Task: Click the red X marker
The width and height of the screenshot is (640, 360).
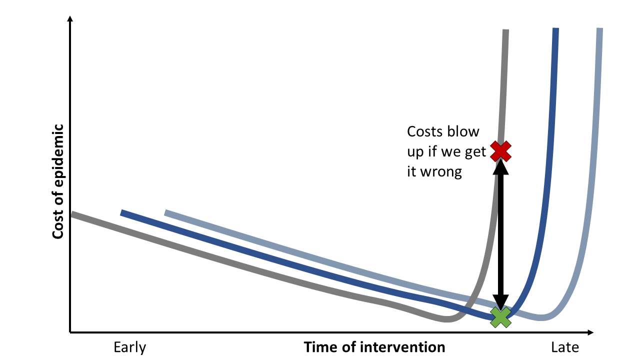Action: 500,151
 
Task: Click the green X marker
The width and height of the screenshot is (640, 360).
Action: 500,316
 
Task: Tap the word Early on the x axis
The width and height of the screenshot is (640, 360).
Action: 130,347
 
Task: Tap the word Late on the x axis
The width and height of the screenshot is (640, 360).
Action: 564,347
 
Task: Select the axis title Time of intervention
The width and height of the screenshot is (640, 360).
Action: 374,347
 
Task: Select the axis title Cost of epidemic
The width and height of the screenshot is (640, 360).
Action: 58,181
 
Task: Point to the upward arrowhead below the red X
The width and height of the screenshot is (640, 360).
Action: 500,167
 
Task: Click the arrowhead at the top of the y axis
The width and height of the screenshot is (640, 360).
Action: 70,19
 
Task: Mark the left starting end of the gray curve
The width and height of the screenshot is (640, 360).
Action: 73,214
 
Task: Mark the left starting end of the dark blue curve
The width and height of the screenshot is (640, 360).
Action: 122,213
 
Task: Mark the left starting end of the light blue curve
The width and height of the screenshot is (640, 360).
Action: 166,213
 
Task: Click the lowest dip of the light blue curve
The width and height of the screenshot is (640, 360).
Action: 541,317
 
